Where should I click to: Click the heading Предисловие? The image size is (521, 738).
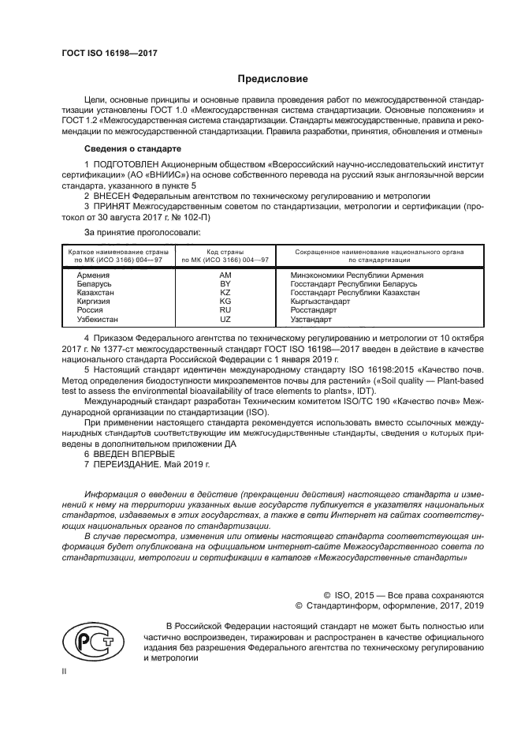pos(273,79)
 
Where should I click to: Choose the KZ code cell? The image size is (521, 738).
pos(225,293)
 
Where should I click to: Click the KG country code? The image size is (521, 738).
pos(225,302)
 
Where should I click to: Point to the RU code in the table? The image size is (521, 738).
pos(225,310)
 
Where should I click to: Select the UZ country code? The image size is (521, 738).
pos(225,319)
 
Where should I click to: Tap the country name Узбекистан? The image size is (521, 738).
pos(98,319)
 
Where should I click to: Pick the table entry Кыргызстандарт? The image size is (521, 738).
pos(322,302)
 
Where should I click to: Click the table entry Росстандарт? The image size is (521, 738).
pos(314,310)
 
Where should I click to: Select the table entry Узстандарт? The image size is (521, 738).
pos(312,319)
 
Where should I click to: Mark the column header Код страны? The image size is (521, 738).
pos(225,251)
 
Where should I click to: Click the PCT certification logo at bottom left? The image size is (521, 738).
pos(89,639)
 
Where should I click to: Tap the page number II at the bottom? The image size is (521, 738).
pos(65,672)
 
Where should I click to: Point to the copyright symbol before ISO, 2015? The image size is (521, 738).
pos(328,594)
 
